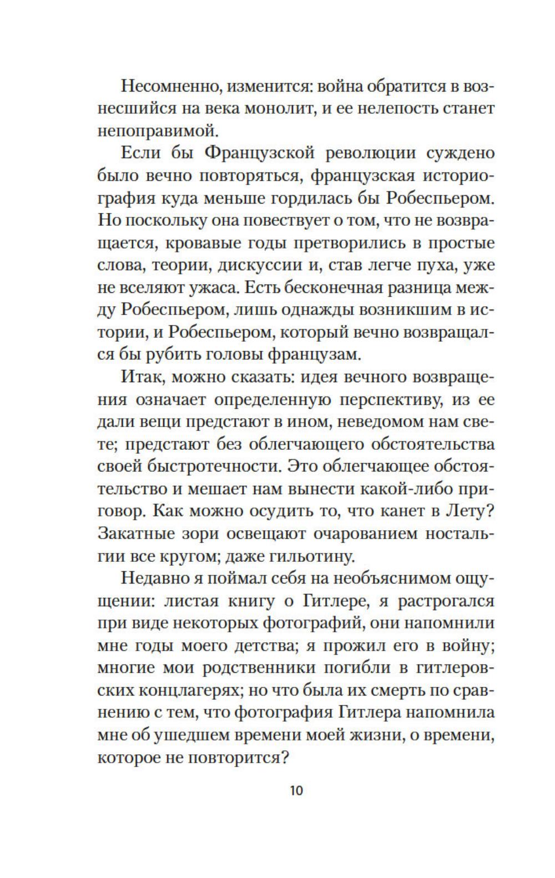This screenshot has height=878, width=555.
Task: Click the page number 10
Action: point(296,790)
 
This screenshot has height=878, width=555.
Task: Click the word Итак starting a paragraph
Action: point(141,378)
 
